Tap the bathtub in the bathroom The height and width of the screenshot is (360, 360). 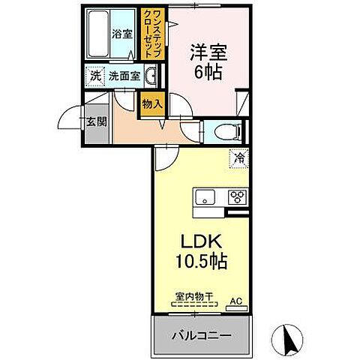tap(97, 35)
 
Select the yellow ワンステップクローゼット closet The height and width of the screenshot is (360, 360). tap(152, 34)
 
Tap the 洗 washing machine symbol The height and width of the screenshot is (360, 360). tap(95, 75)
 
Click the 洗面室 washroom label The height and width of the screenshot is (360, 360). tap(124, 75)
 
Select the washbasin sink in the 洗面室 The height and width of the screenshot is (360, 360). tap(151, 75)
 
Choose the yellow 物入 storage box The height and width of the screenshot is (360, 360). tap(152, 104)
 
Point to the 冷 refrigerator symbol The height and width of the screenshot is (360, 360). tap(238, 159)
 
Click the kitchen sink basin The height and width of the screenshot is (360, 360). tap(204, 198)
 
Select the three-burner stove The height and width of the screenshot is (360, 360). tap(238, 198)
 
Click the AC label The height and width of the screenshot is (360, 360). tap(235, 301)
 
